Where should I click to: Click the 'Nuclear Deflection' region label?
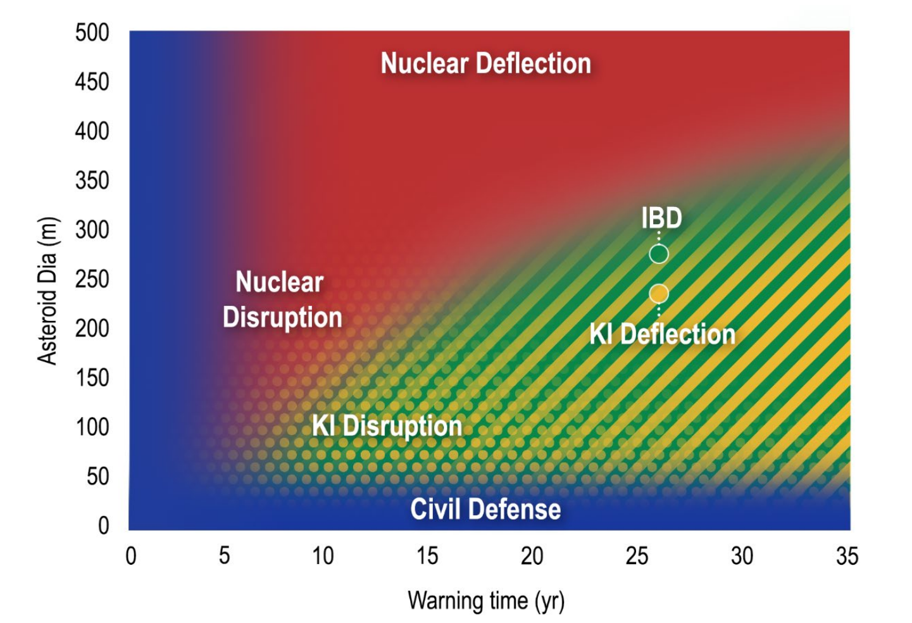pos(485,63)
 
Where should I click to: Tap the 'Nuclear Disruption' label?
pos(282,299)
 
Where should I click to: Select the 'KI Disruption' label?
pos(387,426)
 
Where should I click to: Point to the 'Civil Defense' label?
pos(485,509)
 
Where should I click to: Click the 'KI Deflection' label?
pos(663,334)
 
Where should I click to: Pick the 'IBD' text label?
pos(661,218)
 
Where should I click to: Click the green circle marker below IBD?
pos(659,254)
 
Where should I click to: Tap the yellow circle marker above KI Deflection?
pos(659,293)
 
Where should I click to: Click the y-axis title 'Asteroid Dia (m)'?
pos(47,291)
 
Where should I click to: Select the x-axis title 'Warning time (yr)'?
pos(486,600)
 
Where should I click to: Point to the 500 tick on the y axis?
pos(92,32)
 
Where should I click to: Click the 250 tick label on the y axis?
pos(92,279)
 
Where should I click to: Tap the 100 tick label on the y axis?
pos(92,427)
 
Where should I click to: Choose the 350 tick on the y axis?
pos(92,180)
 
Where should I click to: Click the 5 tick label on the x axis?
pos(224,555)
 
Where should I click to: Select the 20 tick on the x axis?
pos(532,556)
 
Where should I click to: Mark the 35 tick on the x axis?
pos(847,556)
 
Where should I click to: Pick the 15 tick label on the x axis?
pos(427,556)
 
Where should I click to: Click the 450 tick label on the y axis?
pos(92,82)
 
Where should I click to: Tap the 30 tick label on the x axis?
pos(742,556)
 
